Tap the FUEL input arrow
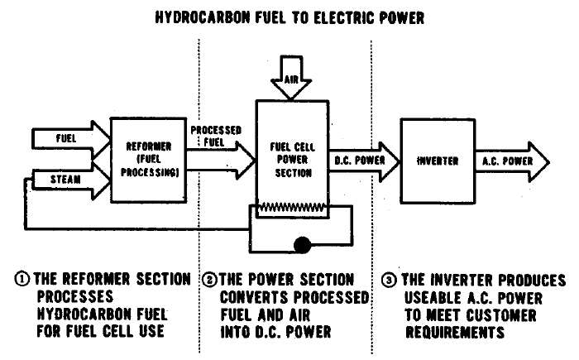[62, 139]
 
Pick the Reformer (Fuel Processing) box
[144, 158]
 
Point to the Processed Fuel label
[213, 137]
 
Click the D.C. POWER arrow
[365, 160]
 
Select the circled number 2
[210, 280]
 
